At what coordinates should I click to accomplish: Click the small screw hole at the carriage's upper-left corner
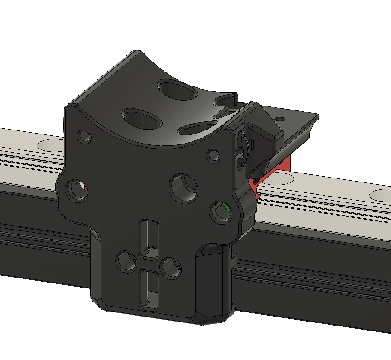pos(84,136)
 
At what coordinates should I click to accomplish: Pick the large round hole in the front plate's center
pos(184,187)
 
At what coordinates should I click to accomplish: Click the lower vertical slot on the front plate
pos(148,288)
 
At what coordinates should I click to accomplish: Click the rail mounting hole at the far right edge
pos(381,195)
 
